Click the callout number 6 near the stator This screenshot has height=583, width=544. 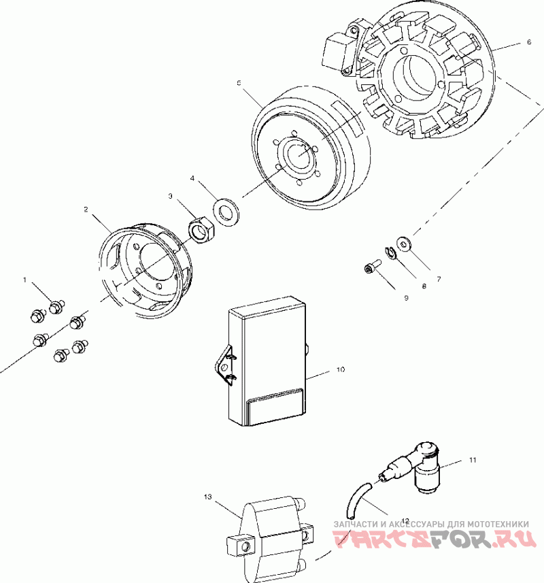tap(528, 41)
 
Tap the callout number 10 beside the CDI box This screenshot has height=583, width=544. tap(341, 370)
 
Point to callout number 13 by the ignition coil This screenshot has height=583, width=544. tap(208, 497)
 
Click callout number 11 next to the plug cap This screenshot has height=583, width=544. tap(472, 461)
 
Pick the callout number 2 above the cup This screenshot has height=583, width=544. tap(86, 210)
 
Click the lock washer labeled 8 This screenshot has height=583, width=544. tap(390, 253)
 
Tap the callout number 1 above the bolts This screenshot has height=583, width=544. tap(25, 280)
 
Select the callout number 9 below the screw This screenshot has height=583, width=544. tap(406, 297)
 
